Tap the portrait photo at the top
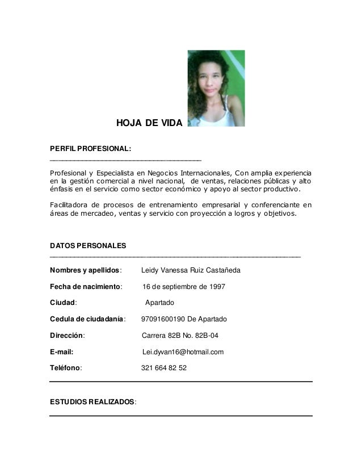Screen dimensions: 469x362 (216, 88)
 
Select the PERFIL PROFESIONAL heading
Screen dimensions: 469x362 (91, 149)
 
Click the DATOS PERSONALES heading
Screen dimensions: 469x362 (89, 245)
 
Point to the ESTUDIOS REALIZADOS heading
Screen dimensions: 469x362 (93, 402)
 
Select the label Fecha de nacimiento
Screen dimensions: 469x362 (86, 287)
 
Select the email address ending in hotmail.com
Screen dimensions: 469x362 (183, 352)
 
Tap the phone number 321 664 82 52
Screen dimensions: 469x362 (163, 368)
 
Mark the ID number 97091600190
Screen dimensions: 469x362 (162, 319)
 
